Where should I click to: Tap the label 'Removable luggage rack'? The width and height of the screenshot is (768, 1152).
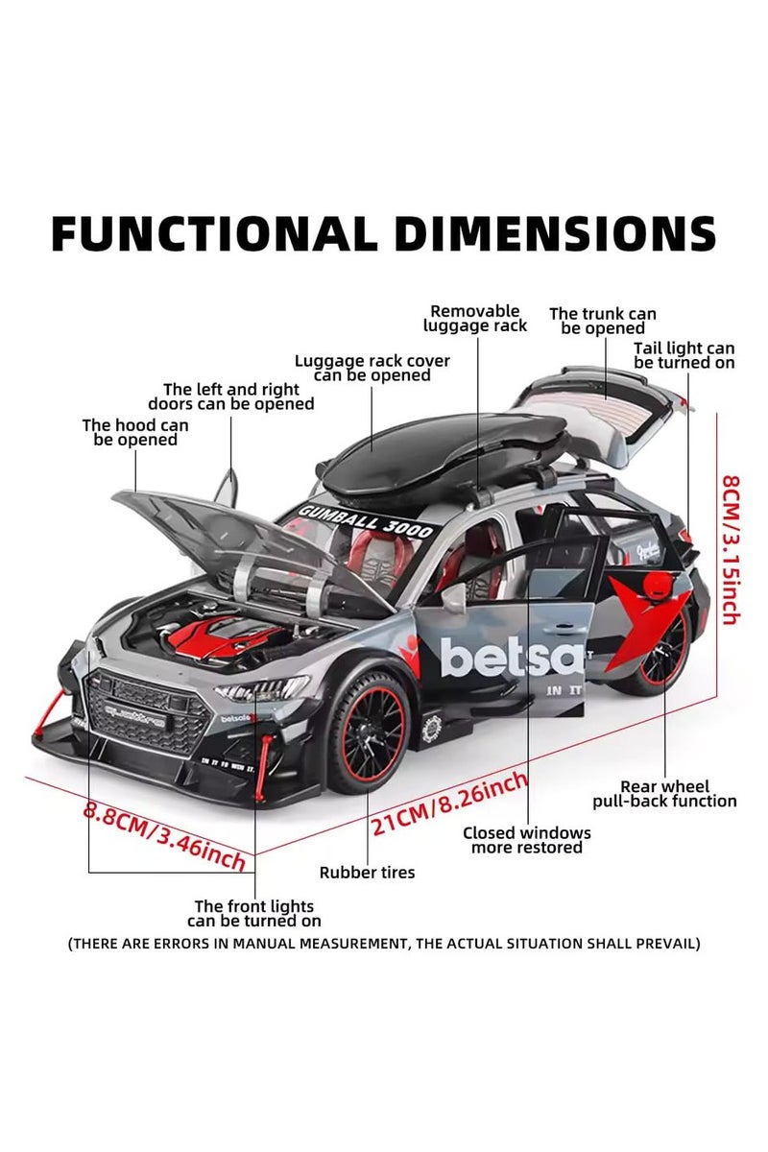(475, 319)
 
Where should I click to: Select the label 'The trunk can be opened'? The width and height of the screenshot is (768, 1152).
(603, 321)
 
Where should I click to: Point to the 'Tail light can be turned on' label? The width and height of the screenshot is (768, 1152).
(684, 355)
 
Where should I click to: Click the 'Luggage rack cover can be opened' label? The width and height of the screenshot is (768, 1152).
(372, 368)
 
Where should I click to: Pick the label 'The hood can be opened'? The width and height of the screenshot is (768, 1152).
(135, 432)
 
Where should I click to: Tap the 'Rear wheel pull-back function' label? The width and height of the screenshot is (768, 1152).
(664, 794)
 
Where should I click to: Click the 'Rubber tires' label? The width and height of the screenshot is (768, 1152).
(367, 873)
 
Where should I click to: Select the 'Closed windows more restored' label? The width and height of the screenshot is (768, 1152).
(527, 840)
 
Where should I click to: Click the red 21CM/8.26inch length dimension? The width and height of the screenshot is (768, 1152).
(449, 805)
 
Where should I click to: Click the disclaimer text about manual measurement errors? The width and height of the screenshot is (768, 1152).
(384, 944)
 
